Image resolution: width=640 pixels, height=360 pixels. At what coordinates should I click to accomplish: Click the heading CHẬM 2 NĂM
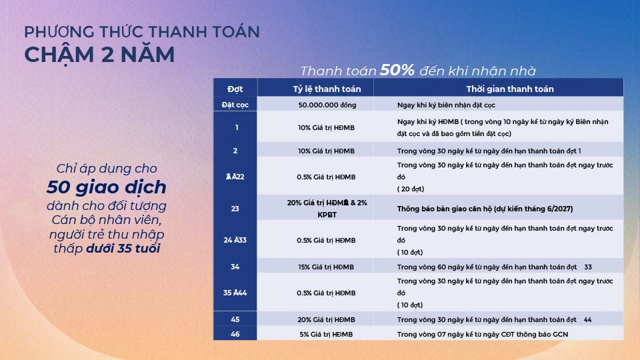99,55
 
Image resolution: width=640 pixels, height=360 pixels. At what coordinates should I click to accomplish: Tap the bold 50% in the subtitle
397,70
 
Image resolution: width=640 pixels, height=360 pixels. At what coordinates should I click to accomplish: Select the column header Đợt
235,89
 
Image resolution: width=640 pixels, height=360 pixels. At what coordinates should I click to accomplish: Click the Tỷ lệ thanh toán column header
327,89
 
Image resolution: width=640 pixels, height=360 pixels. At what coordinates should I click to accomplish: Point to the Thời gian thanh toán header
510,89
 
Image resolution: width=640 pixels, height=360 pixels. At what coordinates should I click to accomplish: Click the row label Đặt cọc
235,105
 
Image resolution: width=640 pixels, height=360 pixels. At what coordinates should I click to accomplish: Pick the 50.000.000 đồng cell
327,105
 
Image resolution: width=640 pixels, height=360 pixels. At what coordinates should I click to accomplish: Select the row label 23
235,209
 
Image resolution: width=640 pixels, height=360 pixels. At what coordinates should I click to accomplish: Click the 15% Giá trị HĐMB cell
326,267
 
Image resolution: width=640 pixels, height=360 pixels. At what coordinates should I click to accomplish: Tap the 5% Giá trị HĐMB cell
326,334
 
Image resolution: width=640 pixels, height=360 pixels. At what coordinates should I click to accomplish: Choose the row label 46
235,334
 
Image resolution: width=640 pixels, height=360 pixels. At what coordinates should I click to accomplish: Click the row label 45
235,319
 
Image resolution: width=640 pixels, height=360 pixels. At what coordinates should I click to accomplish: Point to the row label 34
235,267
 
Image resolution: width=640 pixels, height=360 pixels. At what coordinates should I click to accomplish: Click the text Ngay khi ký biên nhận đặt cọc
446,105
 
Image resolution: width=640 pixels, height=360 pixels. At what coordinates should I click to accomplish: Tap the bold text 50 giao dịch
107,187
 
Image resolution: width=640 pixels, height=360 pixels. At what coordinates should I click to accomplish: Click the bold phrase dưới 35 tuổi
123,248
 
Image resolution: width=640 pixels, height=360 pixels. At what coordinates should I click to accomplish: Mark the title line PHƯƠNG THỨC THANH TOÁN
142,31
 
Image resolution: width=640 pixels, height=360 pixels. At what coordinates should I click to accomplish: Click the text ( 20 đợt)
411,189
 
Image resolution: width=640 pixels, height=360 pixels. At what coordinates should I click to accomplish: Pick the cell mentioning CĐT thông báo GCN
483,334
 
